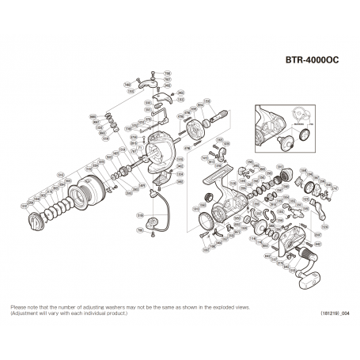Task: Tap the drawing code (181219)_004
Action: [x=332, y=314]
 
